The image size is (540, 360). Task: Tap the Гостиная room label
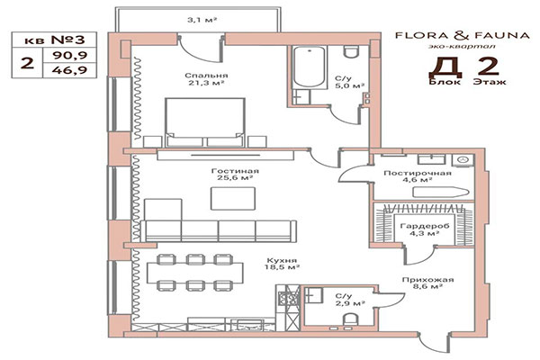[x=238, y=170]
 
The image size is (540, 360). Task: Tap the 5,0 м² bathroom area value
[x=345, y=86]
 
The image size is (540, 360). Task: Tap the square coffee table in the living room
[x=227, y=198]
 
